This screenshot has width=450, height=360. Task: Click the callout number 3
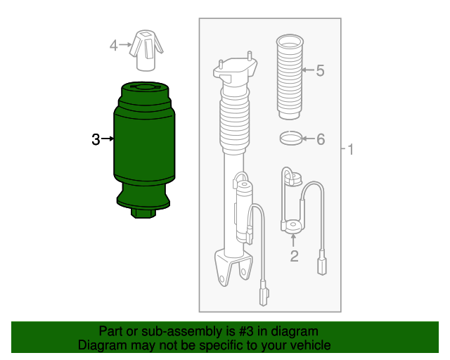coord(96,139)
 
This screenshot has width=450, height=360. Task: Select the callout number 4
coord(114,46)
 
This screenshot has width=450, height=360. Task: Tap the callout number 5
coord(321,70)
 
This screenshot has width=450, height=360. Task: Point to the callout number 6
coord(321,139)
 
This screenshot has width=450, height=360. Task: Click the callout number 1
coord(350,150)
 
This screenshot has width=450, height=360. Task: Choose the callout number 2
coord(294,256)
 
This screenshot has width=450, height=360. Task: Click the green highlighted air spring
coord(144,149)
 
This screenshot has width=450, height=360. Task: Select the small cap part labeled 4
coord(146,51)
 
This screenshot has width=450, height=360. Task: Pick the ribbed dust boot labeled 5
coord(290,77)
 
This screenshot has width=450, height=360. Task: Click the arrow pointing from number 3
coord(108,139)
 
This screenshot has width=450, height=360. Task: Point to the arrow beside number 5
coord(308,70)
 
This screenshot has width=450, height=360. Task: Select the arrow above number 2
coord(293,240)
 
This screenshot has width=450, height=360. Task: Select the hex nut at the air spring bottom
coord(143,213)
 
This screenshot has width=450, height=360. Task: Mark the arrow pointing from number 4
coord(125,44)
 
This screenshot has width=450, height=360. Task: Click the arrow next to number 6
coord(309,139)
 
